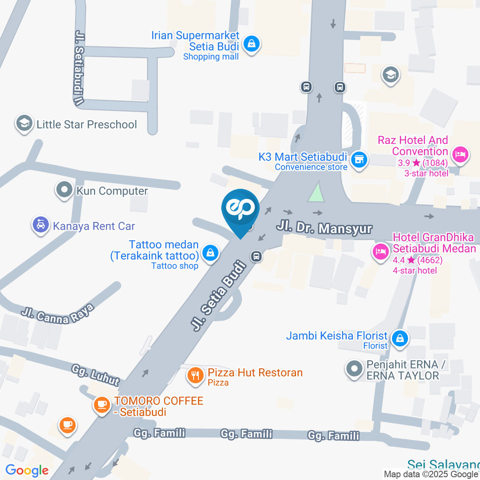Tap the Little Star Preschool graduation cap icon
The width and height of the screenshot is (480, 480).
coord(23,123)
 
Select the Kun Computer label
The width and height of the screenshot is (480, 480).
coord(112,191)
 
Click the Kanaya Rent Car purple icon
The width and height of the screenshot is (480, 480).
coord(40,225)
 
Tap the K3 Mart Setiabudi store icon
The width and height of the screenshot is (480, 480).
coord(358,160)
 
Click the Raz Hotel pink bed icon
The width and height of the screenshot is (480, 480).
coord(459,153)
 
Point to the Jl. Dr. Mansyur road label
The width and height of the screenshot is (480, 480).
coord(324,228)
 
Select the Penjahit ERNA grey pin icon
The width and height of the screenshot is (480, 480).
coord(354,369)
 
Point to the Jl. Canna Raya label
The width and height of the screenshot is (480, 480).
coord(57,313)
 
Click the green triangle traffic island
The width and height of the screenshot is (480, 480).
coord(315,193)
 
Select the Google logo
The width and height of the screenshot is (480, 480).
coord(26,470)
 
